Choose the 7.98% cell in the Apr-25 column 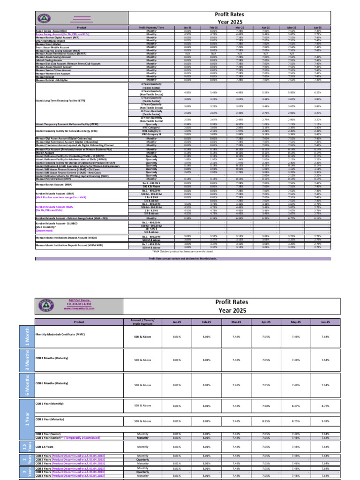(x=266, y=405)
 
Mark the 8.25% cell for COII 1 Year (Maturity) (x=266, y=421)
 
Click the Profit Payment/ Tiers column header (x=151, y=29)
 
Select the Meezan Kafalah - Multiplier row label (x=52, y=80)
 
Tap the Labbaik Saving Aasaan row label (x=49, y=60)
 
